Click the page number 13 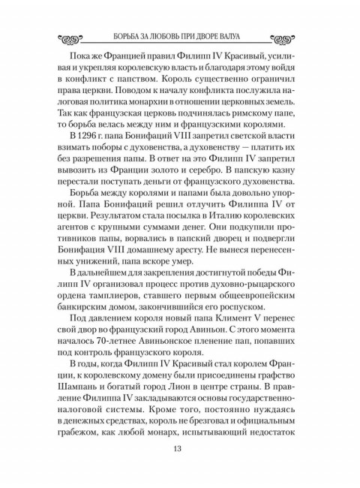pos(180,448)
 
